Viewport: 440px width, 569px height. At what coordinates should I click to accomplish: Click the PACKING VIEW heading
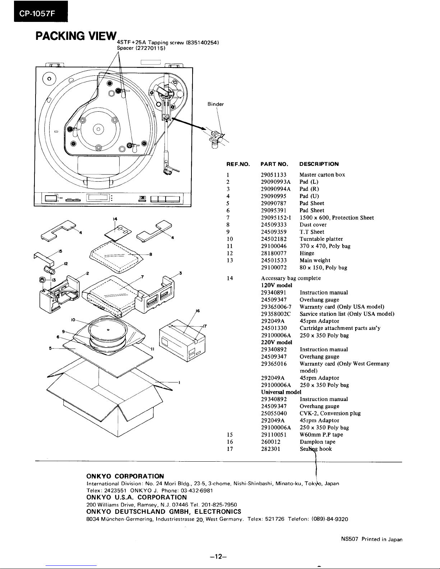(76, 36)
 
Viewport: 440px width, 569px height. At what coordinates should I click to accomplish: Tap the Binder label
(216, 104)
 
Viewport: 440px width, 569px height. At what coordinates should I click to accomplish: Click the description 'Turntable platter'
(321, 239)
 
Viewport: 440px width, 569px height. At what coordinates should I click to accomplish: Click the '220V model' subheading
(276, 342)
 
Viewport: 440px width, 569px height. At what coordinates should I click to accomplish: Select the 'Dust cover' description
(313, 225)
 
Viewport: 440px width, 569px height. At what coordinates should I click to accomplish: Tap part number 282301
(271, 449)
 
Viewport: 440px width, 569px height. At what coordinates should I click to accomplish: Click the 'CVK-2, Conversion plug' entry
(330, 414)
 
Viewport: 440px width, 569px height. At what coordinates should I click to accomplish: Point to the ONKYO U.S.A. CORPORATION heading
(137, 497)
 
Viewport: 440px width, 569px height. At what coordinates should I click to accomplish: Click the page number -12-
(218, 557)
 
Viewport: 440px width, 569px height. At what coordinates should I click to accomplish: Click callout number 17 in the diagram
(205, 326)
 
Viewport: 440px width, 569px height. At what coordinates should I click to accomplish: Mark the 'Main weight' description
(315, 261)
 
